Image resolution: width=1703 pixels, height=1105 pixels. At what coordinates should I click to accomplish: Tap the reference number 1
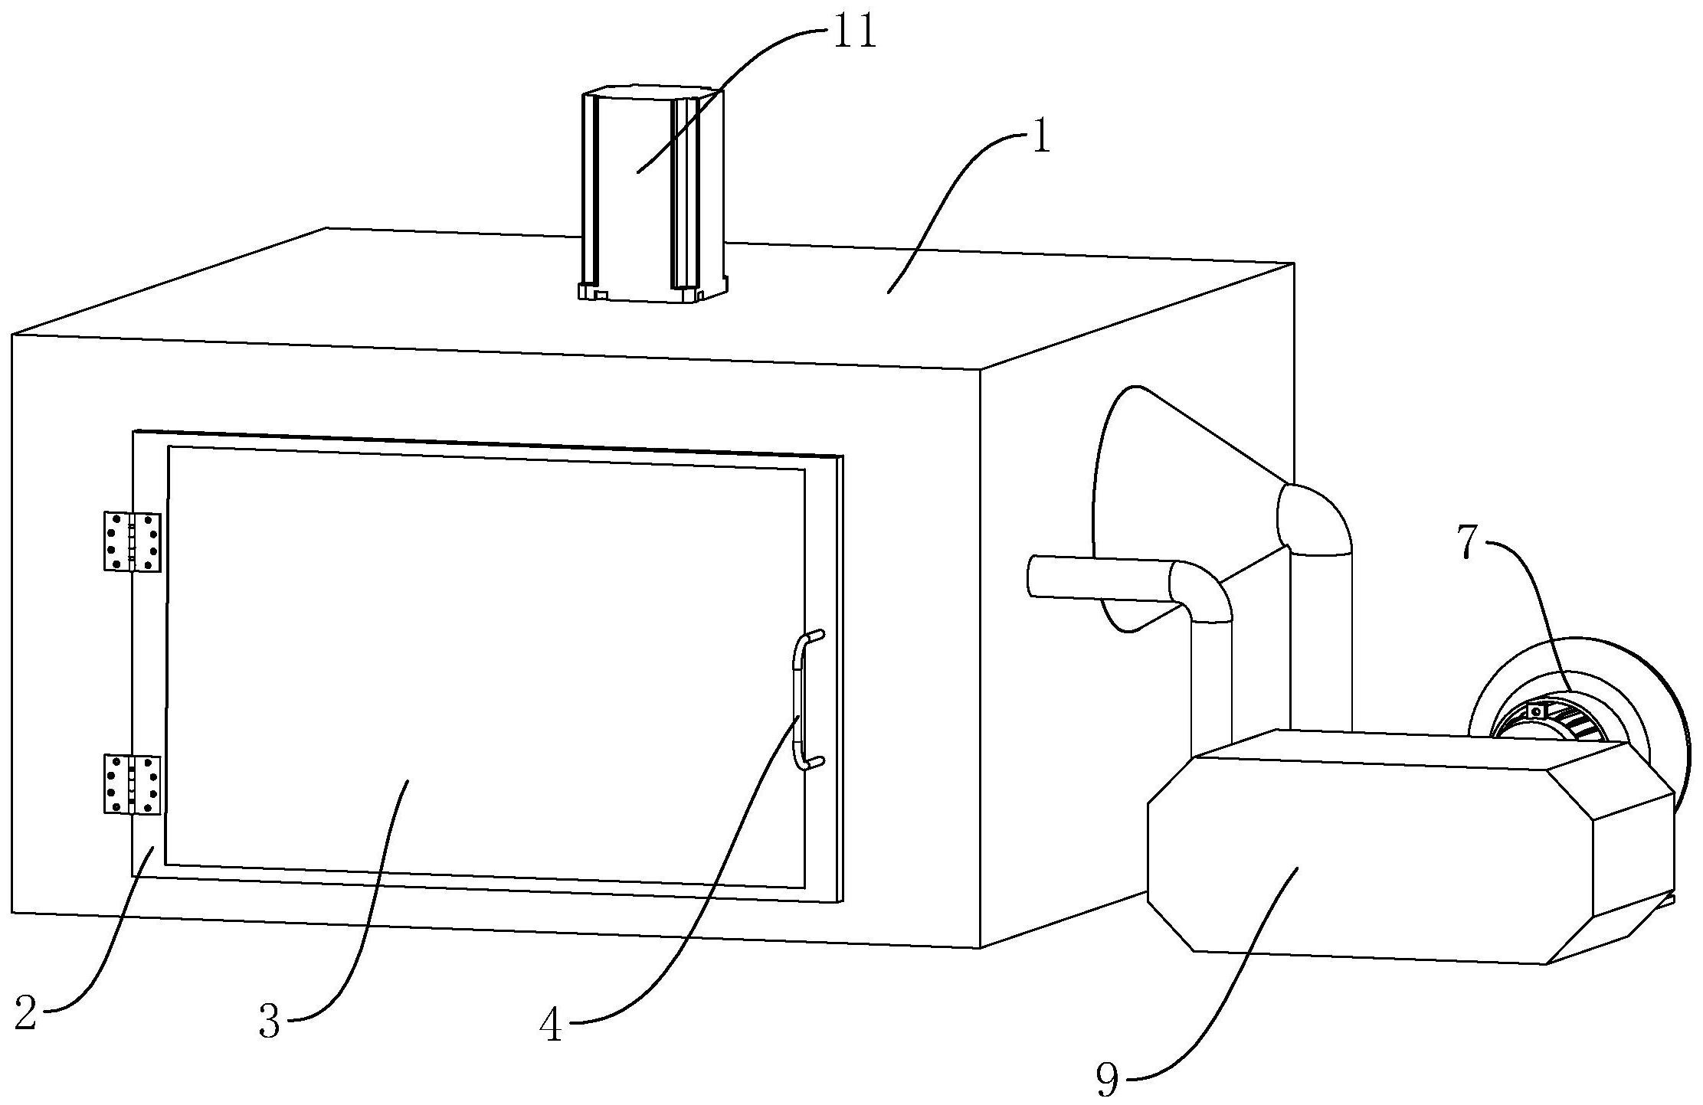point(1040,139)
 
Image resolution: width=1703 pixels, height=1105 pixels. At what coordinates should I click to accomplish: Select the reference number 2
point(25,1013)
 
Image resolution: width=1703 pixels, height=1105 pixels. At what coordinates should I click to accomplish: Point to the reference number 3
point(269,1021)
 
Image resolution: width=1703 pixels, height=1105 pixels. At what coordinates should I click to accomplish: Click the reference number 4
point(551,1025)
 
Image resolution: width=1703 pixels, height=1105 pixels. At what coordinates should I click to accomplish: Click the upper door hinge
point(132,541)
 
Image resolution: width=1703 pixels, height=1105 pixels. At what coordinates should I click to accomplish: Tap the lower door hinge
point(132,783)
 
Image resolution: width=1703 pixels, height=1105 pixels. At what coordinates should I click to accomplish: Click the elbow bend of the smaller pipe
point(1200,591)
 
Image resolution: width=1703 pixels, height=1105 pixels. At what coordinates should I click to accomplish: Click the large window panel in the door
point(486,666)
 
